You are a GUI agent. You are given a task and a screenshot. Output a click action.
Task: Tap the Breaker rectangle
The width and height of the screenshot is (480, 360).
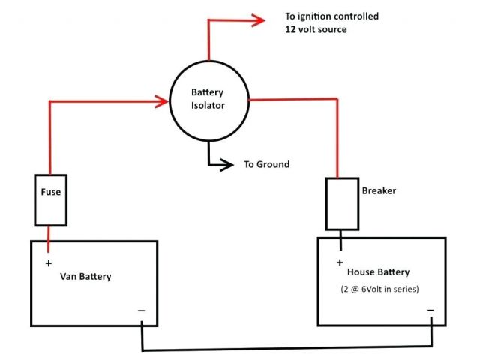[x=341, y=204]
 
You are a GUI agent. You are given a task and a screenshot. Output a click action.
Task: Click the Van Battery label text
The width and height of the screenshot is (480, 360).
[x=85, y=276]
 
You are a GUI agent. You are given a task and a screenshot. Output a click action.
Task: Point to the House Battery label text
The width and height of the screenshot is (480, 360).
[x=379, y=272]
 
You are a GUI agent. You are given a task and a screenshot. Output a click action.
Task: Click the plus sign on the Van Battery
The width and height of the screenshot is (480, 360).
[x=49, y=263]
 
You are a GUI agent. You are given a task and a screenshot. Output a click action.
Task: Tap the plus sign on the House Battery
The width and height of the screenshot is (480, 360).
[x=340, y=262]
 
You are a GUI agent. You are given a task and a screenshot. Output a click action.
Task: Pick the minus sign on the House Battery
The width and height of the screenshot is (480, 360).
[x=430, y=309]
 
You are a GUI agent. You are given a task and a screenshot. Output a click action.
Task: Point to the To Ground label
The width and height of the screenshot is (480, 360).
[x=266, y=164]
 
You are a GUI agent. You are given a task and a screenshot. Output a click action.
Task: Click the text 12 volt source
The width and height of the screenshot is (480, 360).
[x=317, y=29]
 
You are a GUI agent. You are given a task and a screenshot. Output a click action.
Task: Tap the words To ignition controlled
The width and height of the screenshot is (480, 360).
[x=331, y=16]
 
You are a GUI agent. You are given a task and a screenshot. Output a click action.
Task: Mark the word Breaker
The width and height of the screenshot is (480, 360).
[x=379, y=191]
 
